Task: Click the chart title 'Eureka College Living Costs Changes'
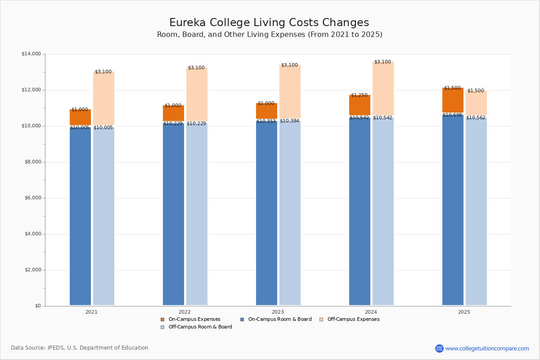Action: [269, 23]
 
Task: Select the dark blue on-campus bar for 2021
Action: [80, 216]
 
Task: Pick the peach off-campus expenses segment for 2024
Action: [383, 90]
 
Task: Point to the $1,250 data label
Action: [359, 95]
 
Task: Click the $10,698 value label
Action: [452, 115]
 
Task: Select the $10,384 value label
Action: [289, 121]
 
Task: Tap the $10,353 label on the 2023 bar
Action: [266, 121]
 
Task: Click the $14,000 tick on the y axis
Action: [31, 54]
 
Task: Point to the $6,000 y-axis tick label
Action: [32, 198]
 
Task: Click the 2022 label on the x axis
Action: [184, 312]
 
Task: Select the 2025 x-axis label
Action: [464, 312]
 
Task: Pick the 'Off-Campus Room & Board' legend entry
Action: [200, 327]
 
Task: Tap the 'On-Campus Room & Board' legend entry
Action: [279, 319]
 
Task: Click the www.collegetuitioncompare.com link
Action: [487, 348]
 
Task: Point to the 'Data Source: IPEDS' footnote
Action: [80, 348]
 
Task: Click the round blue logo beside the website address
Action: [439, 348]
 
